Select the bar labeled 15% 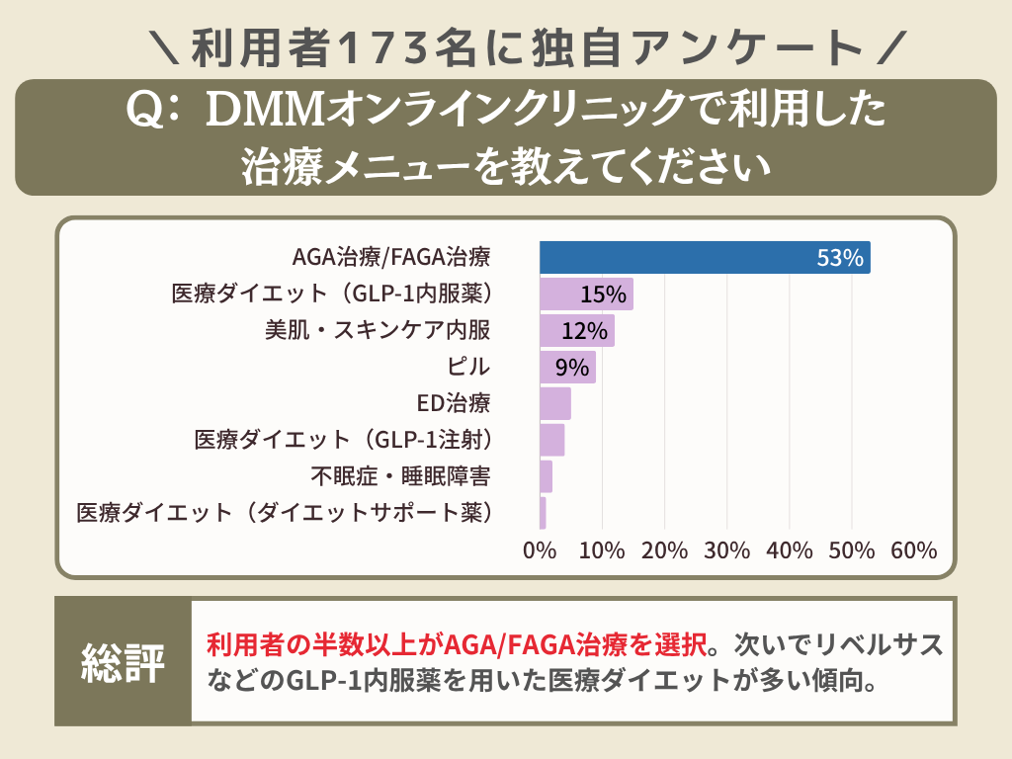point(586,295)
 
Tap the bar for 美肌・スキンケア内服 point(577,331)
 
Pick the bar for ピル point(567,368)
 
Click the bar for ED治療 point(555,403)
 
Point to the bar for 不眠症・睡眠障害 point(547,476)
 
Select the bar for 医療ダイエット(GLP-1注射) point(552,440)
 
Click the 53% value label point(840,259)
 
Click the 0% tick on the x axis point(540,550)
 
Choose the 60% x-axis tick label point(913,550)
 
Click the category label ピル point(468,368)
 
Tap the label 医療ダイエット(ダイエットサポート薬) point(285,513)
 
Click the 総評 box point(123,662)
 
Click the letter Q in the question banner point(145,112)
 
